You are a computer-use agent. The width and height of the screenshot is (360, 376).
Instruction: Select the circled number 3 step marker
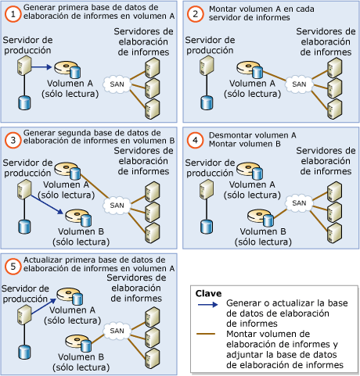[x=11, y=139]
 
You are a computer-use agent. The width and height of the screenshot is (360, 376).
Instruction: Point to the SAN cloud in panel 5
[x=115, y=329]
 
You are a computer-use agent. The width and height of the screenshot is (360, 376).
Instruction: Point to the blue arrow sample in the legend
[x=207, y=303]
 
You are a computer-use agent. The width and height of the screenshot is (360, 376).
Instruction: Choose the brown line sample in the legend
[x=207, y=335]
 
